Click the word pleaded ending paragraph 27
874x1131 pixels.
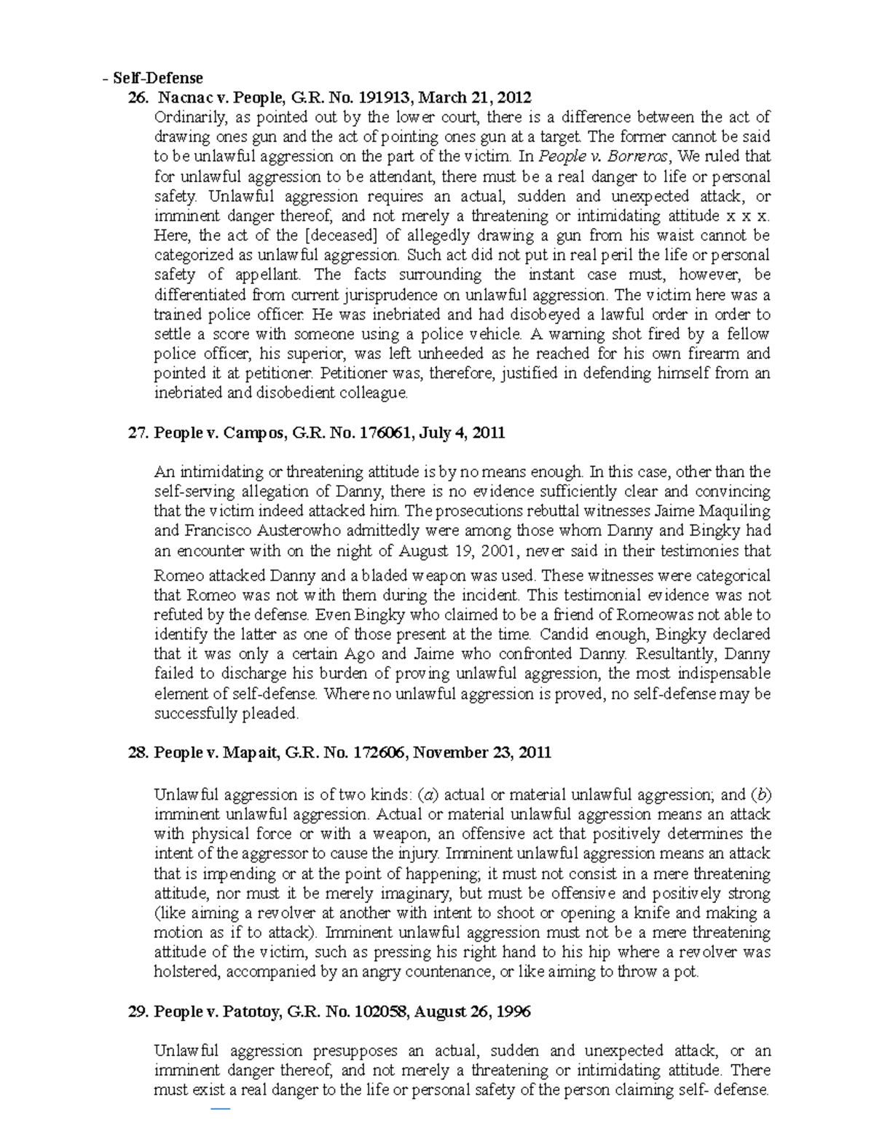[272, 714]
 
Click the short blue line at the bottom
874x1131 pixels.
[220, 1109]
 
